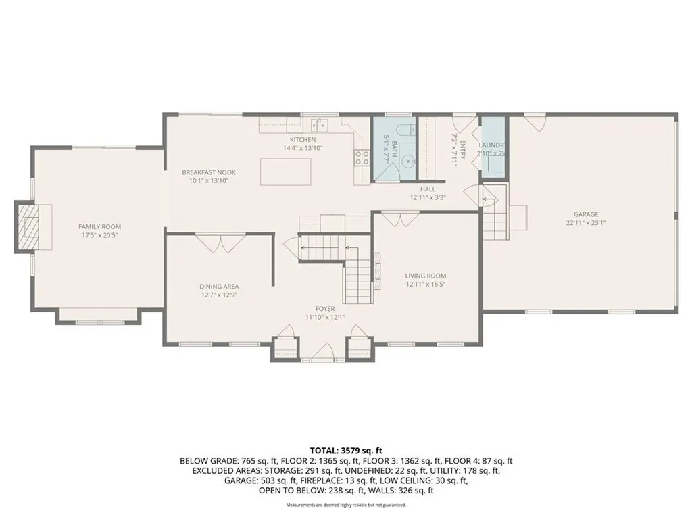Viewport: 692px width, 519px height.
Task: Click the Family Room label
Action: (x=99, y=227)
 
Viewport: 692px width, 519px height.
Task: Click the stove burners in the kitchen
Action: (x=362, y=158)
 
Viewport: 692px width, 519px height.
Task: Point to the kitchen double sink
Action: (x=319, y=124)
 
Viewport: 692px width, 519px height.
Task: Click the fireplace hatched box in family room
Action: (x=29, y=227)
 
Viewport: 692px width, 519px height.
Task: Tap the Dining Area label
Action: (x=218, y=286)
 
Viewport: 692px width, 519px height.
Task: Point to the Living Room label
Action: (x=425, y=276)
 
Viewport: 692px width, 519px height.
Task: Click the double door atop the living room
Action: (x=401, y=220)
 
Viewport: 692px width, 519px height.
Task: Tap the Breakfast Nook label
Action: (x=208, y=172)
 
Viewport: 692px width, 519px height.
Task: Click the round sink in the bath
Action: (x=409, y=161)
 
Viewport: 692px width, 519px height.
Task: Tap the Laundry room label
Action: (x=491, y=145)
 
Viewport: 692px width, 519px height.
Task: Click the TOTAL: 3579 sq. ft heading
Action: (x=346, y=450)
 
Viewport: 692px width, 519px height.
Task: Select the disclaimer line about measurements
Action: (x=346, y=505)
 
